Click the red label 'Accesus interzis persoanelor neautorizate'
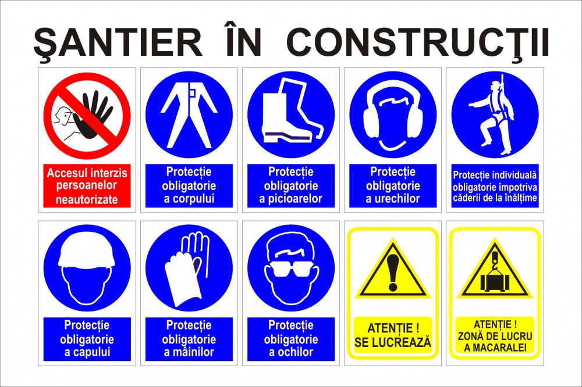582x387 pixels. click(x=87, y=186)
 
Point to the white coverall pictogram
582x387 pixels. click(x=189, y=114)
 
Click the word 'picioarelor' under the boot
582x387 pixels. click(x=290, y=199)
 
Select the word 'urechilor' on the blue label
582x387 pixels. click(x=393, y=199)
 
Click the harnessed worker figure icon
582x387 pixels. click(x=492, y=116)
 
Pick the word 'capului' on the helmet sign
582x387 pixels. click(x=87, y=352)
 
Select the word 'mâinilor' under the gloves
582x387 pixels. click(x=189, y=352)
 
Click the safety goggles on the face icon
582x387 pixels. click(x=291, y=269)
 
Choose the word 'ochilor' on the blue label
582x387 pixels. click(x=291, y=352)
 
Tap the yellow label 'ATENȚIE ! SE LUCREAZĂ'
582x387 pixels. click(x=393, y=335)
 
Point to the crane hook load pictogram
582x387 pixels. click(x=495, y=274)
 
